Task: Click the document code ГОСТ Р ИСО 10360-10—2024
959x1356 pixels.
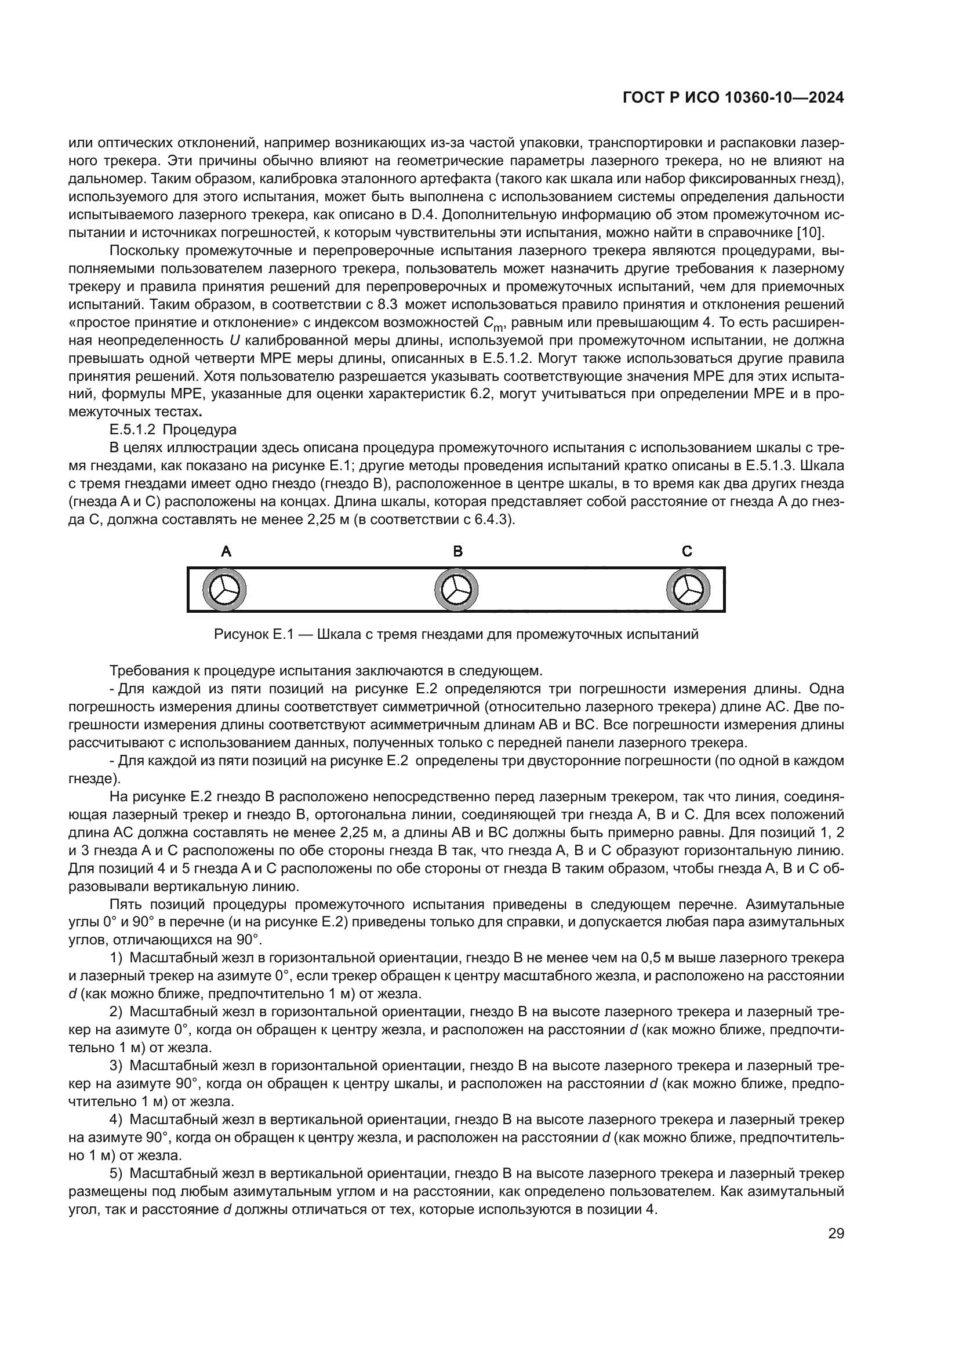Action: click(733, 98)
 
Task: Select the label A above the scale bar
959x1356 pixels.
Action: click(226, 551)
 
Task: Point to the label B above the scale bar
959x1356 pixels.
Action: click(457, 551)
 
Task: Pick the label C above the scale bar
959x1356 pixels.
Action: click(686, 551)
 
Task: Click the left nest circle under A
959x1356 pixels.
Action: click(224, 590)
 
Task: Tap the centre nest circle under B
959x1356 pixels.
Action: click(456, 590)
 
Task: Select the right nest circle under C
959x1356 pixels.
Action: click(689, 590)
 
